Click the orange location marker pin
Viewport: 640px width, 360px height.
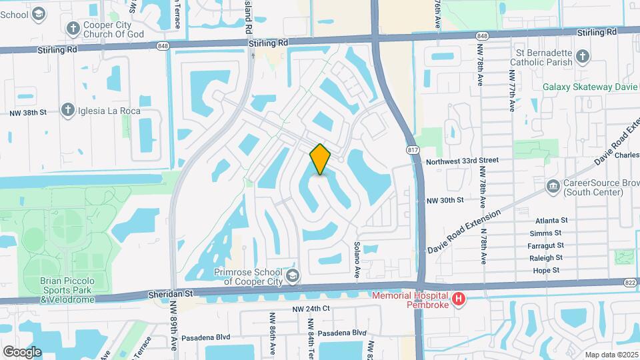[320, 159]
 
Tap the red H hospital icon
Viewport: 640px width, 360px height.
[458, 301]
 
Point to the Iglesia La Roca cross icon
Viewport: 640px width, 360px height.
[67, 110]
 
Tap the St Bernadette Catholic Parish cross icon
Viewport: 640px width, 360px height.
[582, 56]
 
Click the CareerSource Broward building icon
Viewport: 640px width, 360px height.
[552, 186]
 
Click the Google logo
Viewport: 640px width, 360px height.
[22, 352]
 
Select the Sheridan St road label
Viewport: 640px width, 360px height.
[170, 293]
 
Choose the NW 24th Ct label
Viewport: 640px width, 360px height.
[311, 309]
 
